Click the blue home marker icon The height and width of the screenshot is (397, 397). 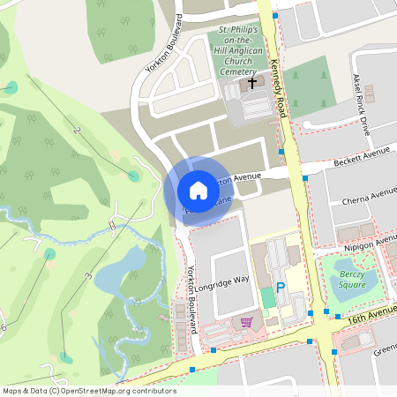(198, 191)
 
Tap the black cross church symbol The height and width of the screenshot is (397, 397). (252, 84)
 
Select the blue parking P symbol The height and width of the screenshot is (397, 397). (281, 288)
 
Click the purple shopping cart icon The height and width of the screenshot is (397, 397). (245, 322)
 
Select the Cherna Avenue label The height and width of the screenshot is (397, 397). (371, 195)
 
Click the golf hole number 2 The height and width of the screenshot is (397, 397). (77, 131)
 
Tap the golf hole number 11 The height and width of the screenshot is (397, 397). (112, 226)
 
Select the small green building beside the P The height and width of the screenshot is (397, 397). (267, 297)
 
